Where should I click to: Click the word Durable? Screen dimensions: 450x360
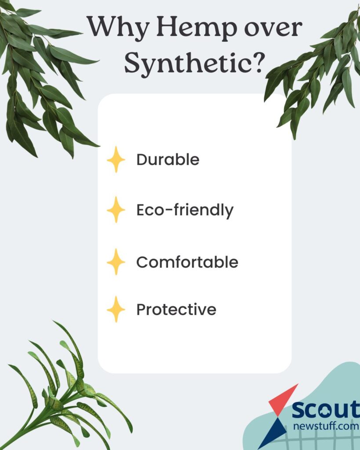[167, 160]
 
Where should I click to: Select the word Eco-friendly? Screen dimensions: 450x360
[185, 210]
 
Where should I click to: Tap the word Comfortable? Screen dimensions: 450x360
[187, 262]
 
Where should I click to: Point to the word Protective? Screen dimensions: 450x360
[176, 309]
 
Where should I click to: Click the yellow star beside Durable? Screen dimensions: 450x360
[116, 160]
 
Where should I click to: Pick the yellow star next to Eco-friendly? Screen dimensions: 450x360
[116, 210]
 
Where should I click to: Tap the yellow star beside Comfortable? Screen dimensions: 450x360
[116, 262]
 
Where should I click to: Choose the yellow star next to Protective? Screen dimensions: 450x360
[116, 309]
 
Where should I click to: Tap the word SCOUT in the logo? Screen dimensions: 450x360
[326, 410]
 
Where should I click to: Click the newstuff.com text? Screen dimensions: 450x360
[326, 426]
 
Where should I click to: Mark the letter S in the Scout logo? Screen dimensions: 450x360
[299, 410]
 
